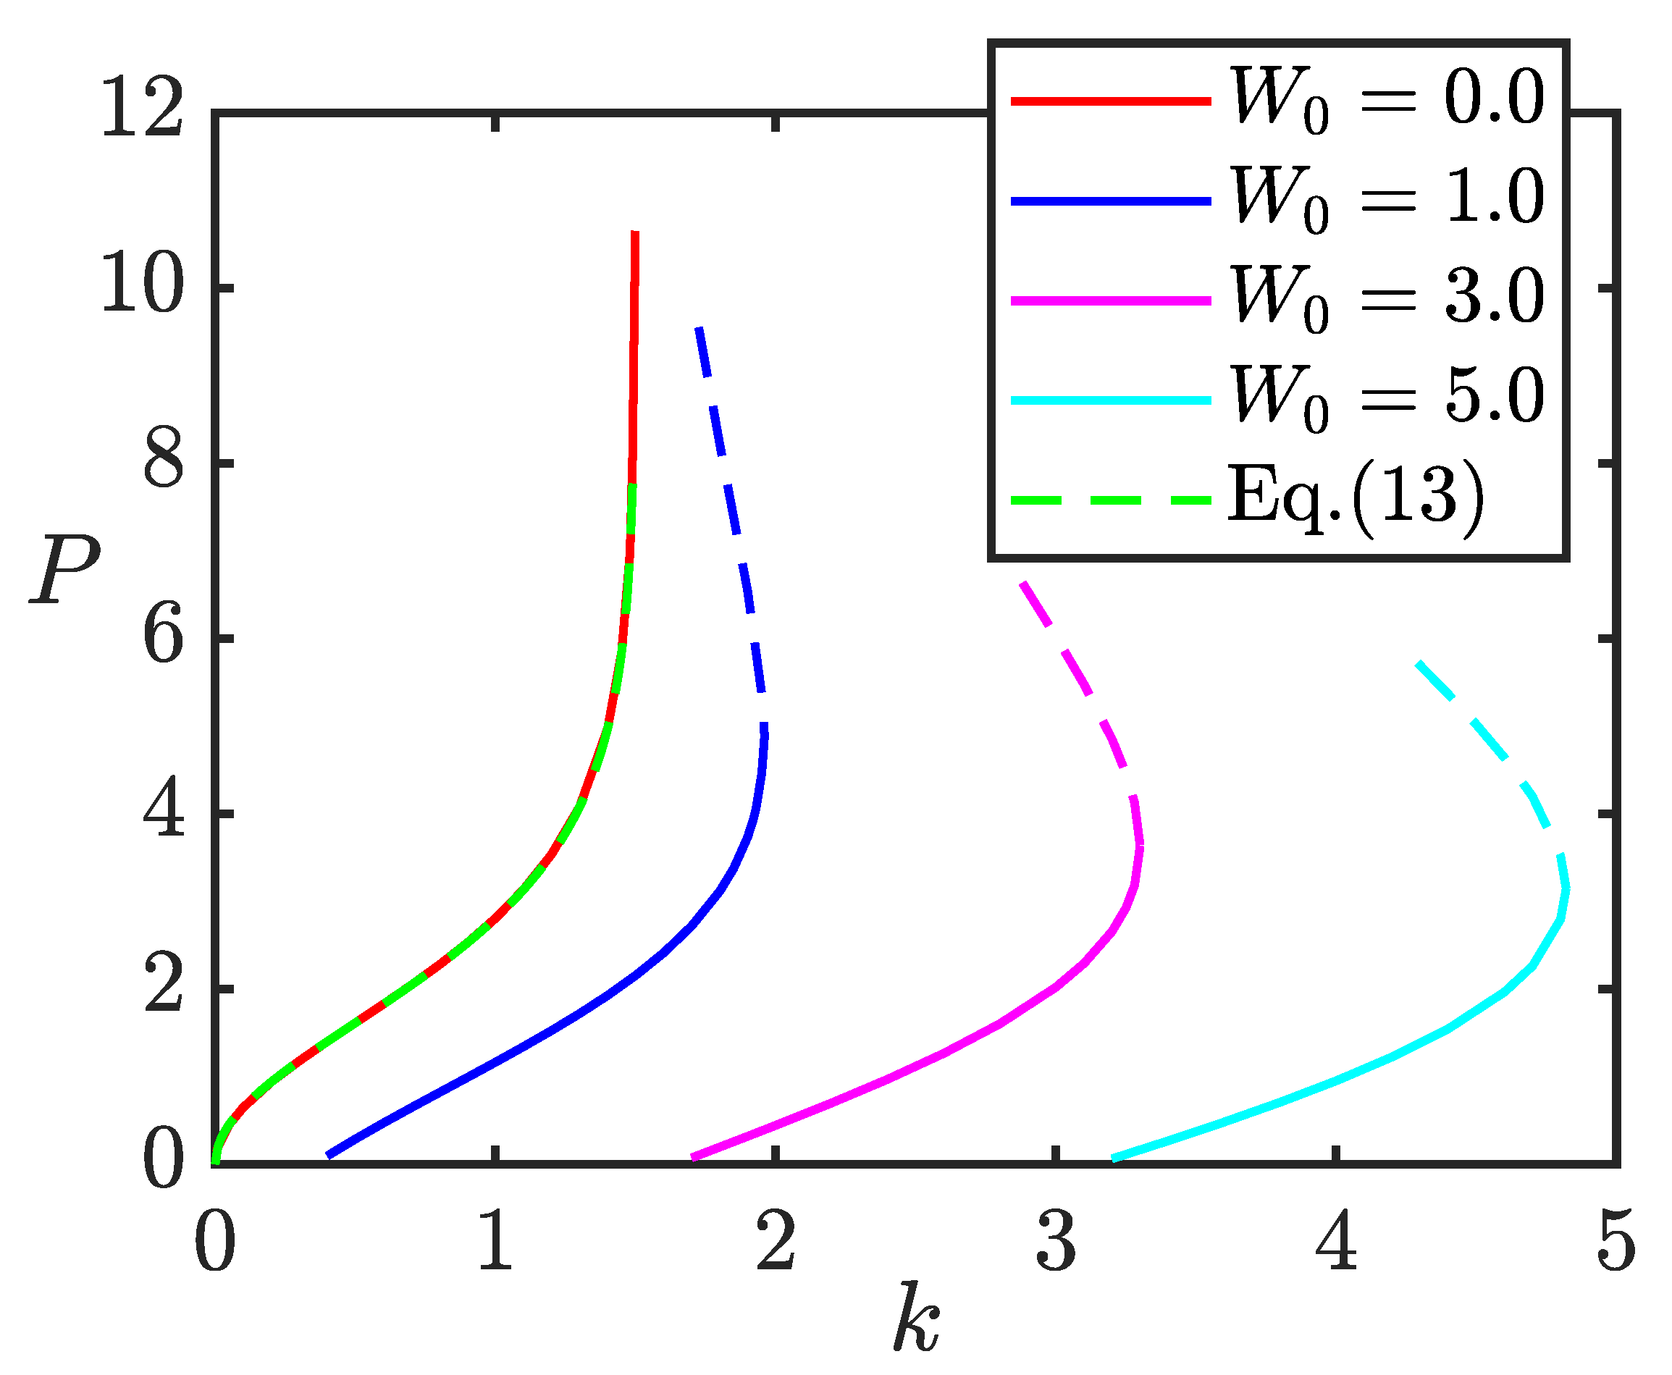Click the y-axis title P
pyautogui.click(x=65, y=568)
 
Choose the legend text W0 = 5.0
pyautogui.click(x=1387, y=399)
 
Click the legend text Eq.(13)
pyautogui.click(x=1356, y=500)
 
